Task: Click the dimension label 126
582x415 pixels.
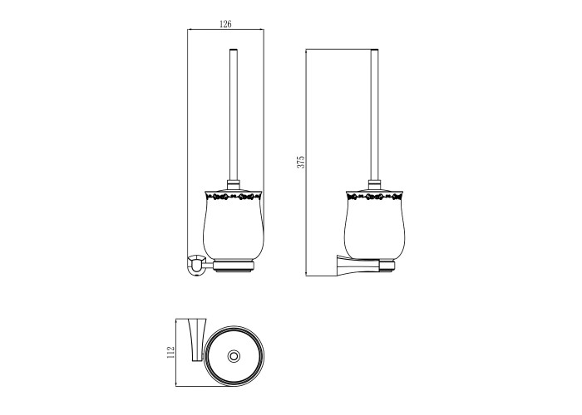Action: tap(225, 24)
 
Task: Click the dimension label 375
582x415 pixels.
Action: tap(301, 162)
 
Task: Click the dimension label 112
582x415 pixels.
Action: tap(170, 353)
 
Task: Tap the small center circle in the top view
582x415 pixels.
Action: tap(234, 356)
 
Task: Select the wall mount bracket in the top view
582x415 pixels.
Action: tap(196, 339)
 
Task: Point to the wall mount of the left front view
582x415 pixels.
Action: tap(196, 266)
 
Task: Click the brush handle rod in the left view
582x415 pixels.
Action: tap(234, 115)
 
